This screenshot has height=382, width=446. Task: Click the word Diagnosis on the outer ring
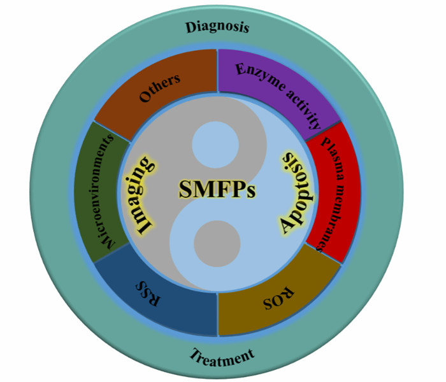click(x=217, y=27)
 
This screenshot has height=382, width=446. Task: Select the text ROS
click(x=279, y=297)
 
